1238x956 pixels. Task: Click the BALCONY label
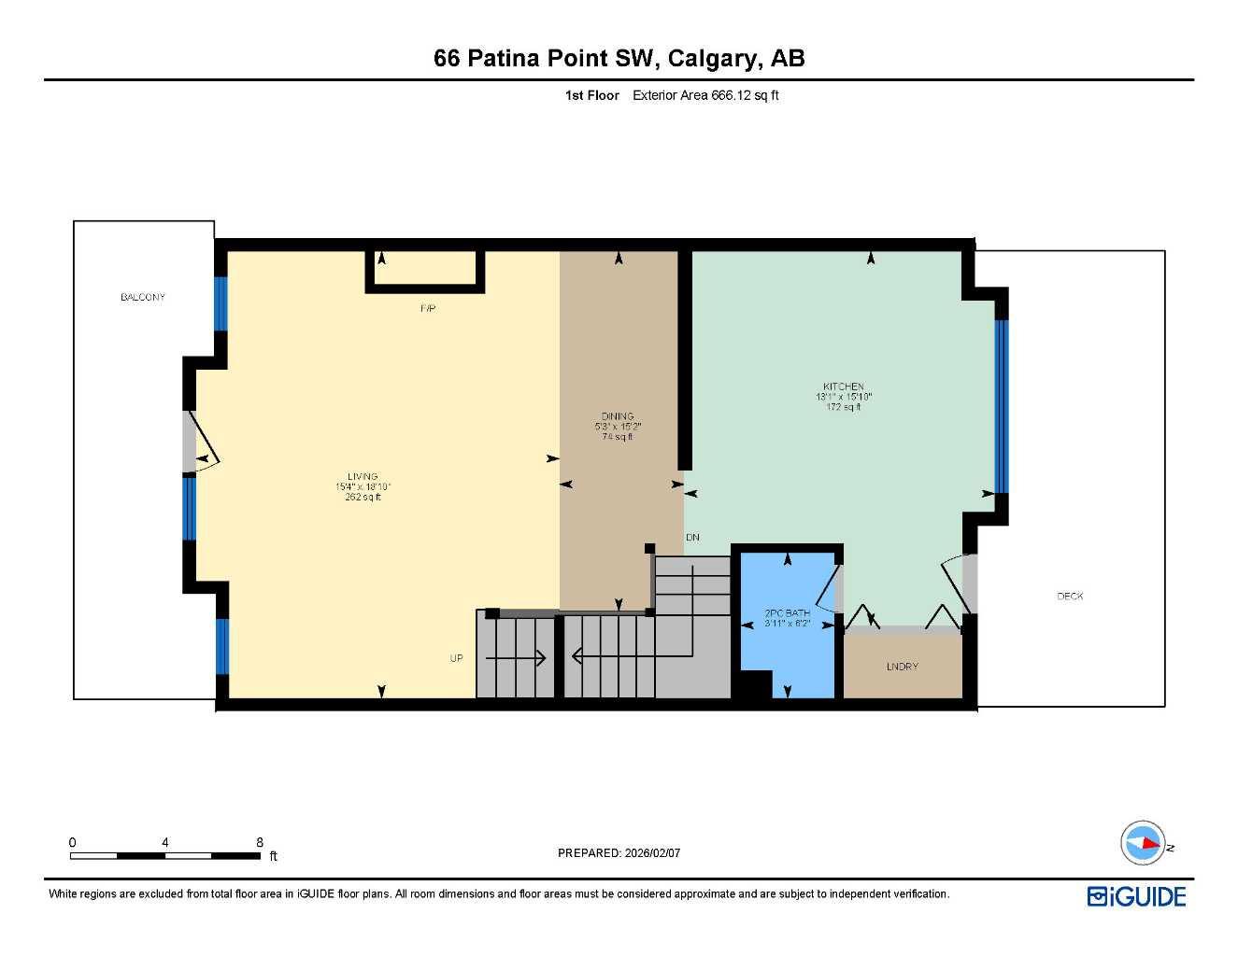[142, 297]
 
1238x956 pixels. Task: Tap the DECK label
[1070, 596]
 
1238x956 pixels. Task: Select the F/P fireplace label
[428, 308]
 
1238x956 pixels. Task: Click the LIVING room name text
[363, 476]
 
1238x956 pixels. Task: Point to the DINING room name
[618, 416]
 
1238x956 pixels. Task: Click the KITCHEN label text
[843, 387]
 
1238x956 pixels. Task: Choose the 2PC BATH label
[787, 613]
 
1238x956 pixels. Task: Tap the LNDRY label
[902, 667]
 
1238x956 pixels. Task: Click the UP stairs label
[456, 658]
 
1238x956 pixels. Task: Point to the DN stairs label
[692, 538]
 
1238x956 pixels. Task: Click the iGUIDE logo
[1136, 897]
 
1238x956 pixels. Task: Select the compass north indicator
[1144, 843]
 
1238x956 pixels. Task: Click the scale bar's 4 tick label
[165, 842]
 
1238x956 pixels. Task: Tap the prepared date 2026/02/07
[653, 852]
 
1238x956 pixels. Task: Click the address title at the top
[619, 59]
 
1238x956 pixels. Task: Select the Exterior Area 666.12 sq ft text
[705, 95]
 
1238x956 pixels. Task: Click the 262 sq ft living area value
[363, 498]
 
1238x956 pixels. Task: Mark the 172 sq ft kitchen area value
[843, 407]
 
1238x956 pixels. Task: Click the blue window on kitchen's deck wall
[1002, 406]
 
